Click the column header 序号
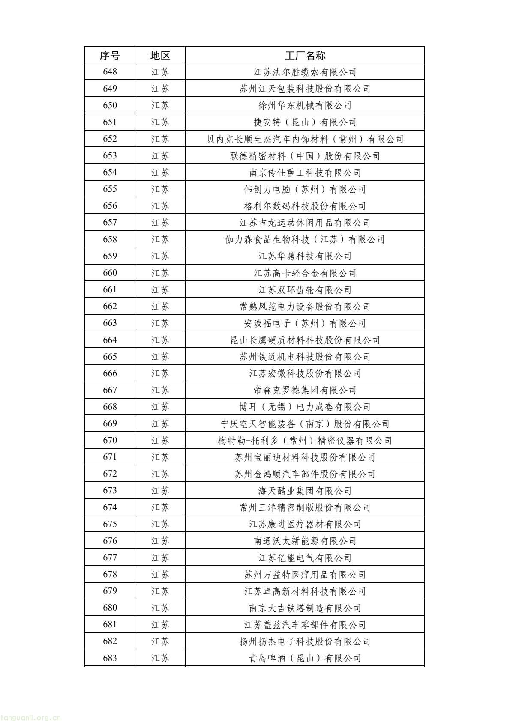[x=110, y=55]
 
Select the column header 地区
[x=160, y=55]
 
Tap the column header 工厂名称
[x=305, y=55]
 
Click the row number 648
[x=110, y=72]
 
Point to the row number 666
[x=110, y=373]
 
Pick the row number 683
[x=110, y=658]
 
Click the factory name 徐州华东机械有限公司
[x=305, y=105]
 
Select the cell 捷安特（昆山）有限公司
[x=305, y=122]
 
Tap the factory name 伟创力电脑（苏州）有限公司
[x=305, y=189]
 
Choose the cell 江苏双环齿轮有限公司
[x=305, y=290]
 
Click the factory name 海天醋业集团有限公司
[x=305, y=491]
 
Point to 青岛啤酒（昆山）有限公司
[x=305, y=658]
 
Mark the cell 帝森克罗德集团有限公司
[x=305, y=390]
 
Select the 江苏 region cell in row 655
[x=160, y=189]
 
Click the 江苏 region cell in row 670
[x=160, y=441]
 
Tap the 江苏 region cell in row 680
[x=160, y=608]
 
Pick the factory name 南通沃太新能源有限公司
[x=305, y=541]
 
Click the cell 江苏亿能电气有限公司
[x=305, y=558]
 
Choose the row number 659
[x=110, y=256]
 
